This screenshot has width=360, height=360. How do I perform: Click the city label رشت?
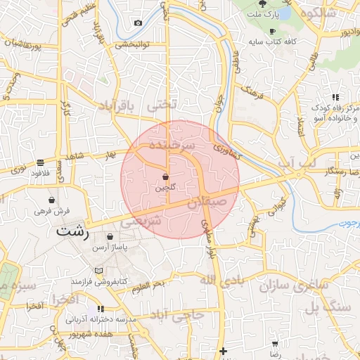(72, 232)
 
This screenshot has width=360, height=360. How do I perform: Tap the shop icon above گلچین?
(165, 177)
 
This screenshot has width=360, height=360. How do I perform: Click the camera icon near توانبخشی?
(138, 23)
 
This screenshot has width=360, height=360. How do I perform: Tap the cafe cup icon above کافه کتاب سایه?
(272, 32)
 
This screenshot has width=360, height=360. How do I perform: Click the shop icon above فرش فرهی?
(53, 200)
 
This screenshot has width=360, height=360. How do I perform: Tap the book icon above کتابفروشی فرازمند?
(98, 271)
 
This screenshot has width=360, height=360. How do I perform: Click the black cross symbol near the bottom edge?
(223, 351)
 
